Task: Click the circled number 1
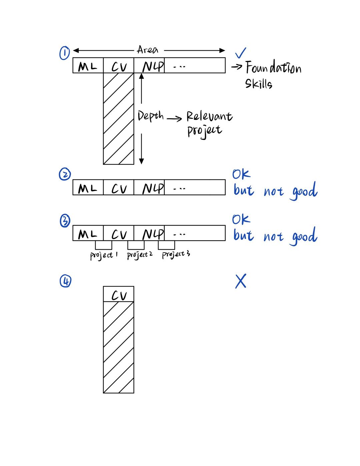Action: pyautogui.click(x=64, y=53)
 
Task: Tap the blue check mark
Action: pyautogui.click(x=240, y=53)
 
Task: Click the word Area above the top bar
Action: pyautogui.click(x=147, y=50)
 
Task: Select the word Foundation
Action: pyautogui.click(x=273, y=68)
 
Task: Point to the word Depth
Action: pyautogui.click(x=151, y=116)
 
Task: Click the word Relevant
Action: pyautogui.click(x=209, y=116)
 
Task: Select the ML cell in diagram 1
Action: pyautogui.click(x=88, y=66)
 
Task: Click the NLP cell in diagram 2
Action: pyautogui.click(x=153, y=188)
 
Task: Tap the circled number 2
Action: pyautogui.click(x=65, y=174)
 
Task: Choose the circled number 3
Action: pyautogui.click(x=65, y=220)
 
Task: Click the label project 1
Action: pyautogui.click(x=104, y=256)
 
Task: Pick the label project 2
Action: pyautogui.click(x=140, y=255)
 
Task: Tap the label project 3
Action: pyautogui.click(x=176, y=255)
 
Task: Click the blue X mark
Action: pyautogui.click(x=241, y=282)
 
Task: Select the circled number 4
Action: pyautogui.click(x=65, y=281)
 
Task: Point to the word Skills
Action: pyautogui.click(x=259, y=83)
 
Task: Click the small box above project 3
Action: pyautogui.click(x=166, y=245)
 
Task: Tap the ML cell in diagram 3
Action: pyautogui.click(x=88, y=234)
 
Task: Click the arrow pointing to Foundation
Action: pyautogui.click(x=237, y=67)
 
